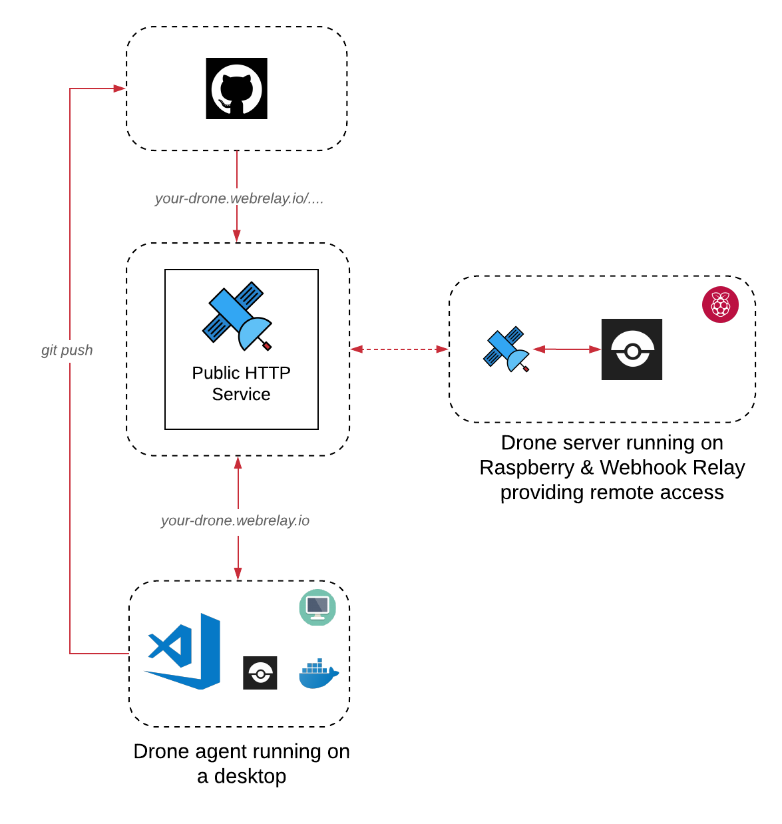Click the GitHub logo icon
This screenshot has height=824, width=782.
pos(236,89)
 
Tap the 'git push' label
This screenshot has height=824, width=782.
pos(67,350)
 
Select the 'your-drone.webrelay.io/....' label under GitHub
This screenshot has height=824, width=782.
pos(239,198)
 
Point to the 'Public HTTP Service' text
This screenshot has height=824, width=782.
pos(241,383)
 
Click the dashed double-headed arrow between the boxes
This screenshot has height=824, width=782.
pos(399,349)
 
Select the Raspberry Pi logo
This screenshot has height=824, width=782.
pos(720,305)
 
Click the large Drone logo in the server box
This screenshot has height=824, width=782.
pos(632,349)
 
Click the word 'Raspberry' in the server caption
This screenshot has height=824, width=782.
pos(526,467)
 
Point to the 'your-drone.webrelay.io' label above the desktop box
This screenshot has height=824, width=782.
pos(235,520)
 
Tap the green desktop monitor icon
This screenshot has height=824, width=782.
pos(317,607)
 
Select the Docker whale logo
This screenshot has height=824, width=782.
pos(319,674)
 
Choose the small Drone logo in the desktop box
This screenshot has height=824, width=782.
pos(260,673)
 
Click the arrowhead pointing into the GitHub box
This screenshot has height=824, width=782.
pos(120,89)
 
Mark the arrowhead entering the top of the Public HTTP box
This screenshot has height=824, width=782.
pos(237,236)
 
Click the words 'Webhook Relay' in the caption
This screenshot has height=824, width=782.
pos(672,467)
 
